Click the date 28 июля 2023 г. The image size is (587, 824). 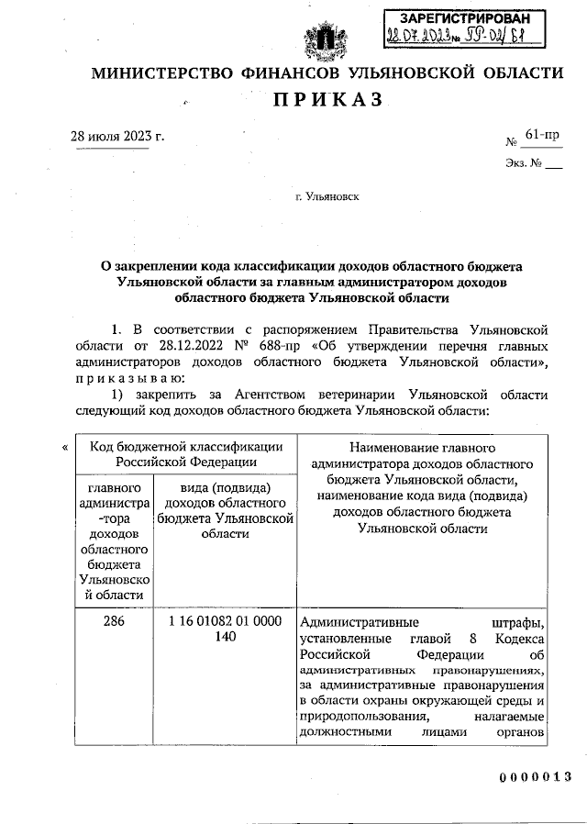[x=118, y=137]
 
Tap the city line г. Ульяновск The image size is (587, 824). [x=327, y=196]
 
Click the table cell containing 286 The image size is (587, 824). [x=113, y=621]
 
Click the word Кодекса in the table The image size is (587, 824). [x=521, y=638]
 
